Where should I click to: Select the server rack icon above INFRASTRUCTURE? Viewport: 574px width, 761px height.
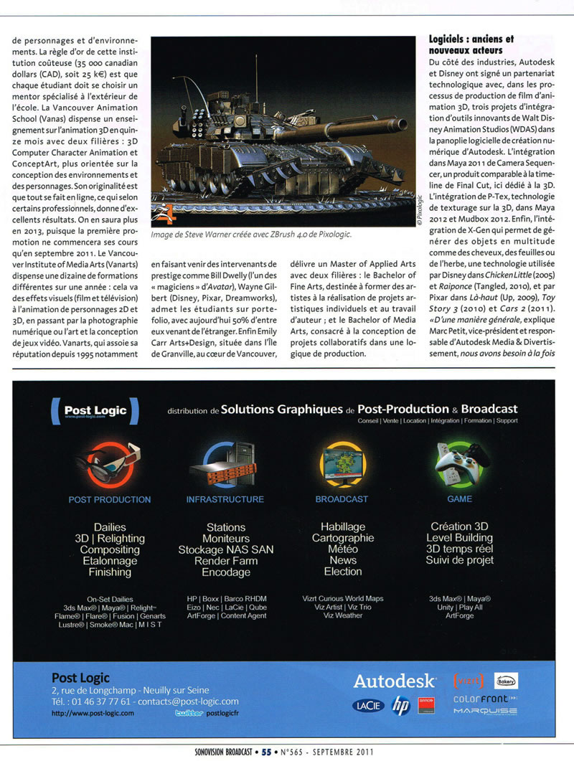225,463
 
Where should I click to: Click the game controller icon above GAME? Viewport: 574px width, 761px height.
460,463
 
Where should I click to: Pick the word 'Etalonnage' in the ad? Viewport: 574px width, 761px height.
109,561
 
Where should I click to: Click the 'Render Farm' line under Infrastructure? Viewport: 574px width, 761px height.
225,561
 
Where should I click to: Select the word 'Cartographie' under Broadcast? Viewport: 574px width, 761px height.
342,538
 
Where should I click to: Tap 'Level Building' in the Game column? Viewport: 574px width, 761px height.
459,538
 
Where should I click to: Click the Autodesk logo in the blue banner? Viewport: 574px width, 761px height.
394,681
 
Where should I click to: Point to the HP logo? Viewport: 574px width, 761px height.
400,706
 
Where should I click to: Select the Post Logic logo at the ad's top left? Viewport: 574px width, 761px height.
95,411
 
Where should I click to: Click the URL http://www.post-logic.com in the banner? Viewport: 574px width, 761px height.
93,714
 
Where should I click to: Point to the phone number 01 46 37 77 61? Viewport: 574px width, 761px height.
91,701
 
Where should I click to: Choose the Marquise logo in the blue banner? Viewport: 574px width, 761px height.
485,712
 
